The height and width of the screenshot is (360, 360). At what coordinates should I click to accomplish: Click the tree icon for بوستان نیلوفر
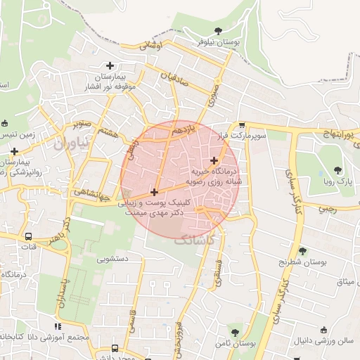(218, 30)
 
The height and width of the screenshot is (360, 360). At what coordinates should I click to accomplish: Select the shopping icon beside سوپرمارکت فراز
(242, 124)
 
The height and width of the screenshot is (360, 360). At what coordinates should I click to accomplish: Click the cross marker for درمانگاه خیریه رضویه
(214, 160)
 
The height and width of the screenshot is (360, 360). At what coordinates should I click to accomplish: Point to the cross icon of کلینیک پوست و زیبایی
(154, 191)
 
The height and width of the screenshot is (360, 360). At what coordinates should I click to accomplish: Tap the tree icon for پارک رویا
(338, 169)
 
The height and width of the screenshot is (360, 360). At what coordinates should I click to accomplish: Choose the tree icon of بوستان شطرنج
(302, 251)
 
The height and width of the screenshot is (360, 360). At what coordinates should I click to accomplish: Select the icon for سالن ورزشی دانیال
(323, 330)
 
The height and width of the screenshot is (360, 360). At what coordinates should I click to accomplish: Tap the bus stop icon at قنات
(29, 237)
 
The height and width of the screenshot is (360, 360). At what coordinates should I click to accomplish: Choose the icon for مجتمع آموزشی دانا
(58, 326)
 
